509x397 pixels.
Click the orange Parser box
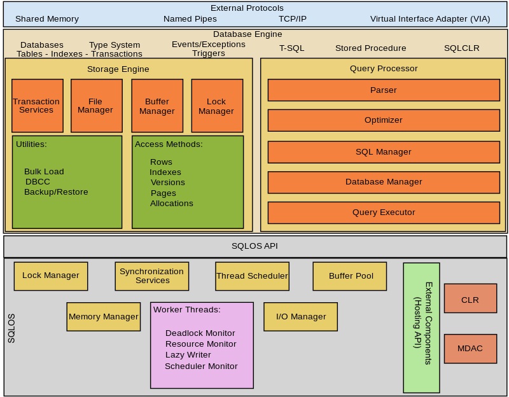tap(383, 90)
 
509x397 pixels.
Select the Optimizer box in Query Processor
tap(383, 120)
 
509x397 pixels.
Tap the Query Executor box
tap(383, 212)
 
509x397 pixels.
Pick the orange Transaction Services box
tap(37, 106)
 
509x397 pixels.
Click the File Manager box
tap(96, 106)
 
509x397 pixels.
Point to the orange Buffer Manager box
tap(157, 106)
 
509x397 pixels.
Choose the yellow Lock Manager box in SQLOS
tap(51, 275)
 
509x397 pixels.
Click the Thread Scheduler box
tap(252, 275)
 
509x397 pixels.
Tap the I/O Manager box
tap(300, 316)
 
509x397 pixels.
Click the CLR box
tap(470, 300)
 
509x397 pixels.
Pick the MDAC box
tap(470, 349)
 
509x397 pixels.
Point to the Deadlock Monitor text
tap(200, 333)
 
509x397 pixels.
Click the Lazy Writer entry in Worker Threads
tap(188, 355)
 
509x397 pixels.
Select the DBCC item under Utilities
tap(38, 182)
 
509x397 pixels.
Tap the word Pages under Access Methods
tap(164, 193)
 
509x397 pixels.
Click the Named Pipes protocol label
tap(190, 19)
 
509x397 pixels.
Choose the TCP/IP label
tap(292, 19)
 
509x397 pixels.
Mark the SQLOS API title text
tap(254, 246)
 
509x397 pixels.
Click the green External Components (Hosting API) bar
tap(421, 328)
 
